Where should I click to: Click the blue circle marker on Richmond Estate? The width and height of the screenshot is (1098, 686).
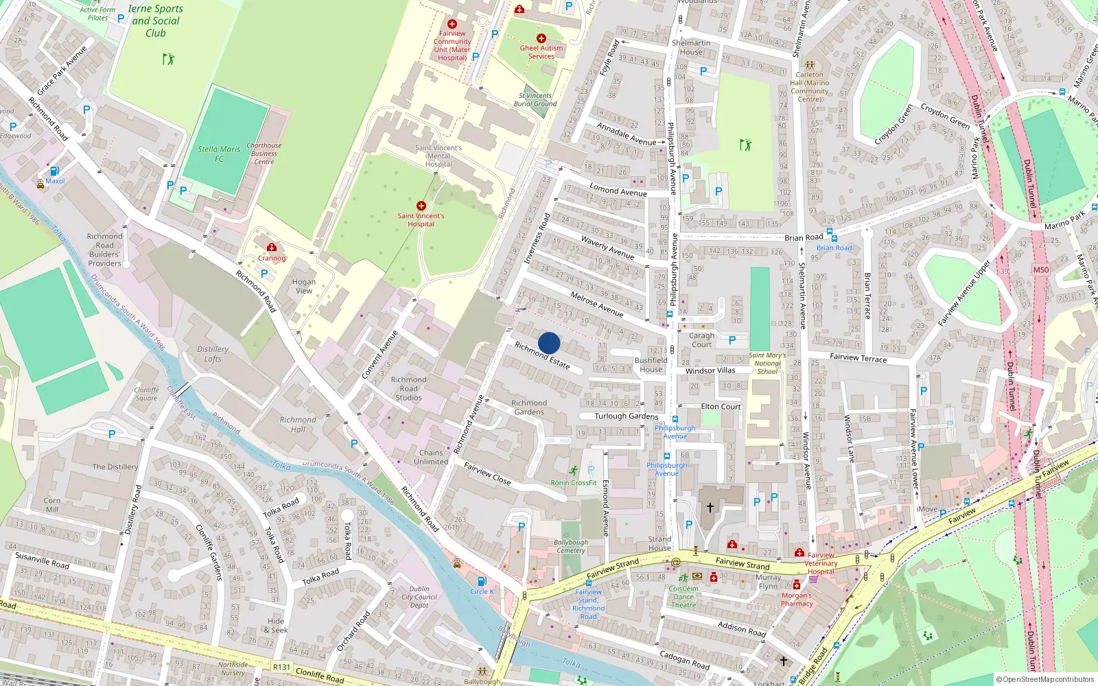pos(549,343)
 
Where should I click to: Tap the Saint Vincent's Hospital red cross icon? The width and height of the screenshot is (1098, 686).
pos(421,206)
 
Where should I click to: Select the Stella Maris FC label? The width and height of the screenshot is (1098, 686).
pos(219,154)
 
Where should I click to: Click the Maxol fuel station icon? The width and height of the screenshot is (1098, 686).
pos(54,171)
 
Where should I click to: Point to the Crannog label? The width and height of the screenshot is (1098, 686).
pos(272,259)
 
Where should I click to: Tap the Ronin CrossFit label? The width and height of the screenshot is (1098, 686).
pos(574,483)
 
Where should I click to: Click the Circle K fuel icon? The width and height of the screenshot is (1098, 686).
pos(482,581)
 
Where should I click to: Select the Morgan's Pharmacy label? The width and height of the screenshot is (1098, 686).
pos(797,600)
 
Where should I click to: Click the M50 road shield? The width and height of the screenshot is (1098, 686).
pos(1041,270)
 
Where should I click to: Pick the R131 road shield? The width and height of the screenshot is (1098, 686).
pos(281,667)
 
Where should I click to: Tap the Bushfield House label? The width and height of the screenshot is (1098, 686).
pos(651,364)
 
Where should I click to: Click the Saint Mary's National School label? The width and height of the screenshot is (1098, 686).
pos(767,364)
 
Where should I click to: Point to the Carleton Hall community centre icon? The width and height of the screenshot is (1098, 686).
pos(810,65)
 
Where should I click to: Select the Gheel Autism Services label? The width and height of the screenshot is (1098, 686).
pos(541,52)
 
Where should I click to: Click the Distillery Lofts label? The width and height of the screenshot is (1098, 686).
pos(213,354)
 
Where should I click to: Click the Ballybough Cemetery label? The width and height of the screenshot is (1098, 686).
pos(571,546)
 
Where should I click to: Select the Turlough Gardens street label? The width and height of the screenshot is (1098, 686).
pos(626,416)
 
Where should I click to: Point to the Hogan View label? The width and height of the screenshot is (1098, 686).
pos(304,286)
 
